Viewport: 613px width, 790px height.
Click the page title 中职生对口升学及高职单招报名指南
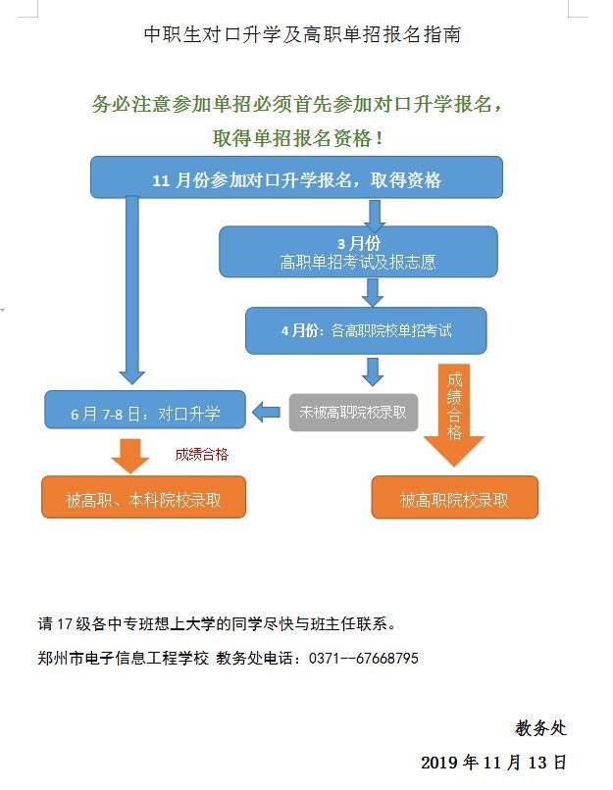coord(302,35)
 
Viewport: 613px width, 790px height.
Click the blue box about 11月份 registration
coord(296,179)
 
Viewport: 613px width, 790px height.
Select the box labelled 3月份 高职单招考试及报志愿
coord(358,253)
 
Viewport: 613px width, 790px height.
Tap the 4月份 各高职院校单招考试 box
coord(366,331)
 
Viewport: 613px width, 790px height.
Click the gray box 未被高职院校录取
coord(352,413)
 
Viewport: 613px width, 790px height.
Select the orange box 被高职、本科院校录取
coord(143,499)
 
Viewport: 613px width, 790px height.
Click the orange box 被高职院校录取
coord(454,499)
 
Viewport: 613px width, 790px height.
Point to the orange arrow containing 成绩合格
coord(454,412)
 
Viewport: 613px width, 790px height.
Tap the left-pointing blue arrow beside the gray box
coord(266,413)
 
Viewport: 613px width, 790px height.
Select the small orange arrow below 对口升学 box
coord(128,454)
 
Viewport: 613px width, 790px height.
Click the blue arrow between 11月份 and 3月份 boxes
coord(374,213)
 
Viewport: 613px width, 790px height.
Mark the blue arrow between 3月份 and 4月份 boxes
coord(372,291)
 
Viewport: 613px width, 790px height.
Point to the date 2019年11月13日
coord(493,762)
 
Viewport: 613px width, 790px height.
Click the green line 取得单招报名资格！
coord(305,139)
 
